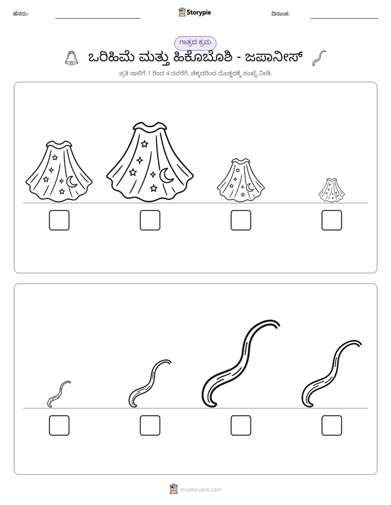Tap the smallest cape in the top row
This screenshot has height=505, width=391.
pyautogui.click(x=332, y=190)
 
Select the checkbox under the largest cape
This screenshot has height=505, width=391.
pyautogui.click(x=150, y=220)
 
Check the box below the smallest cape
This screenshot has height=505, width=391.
pyautogui.click(x=332, y=220)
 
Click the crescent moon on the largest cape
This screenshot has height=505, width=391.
pyautogui.click(x=166, y=175)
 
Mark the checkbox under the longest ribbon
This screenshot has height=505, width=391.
pyautogui.click(x=241, y=425)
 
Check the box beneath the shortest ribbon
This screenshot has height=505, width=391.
pyautogui.click(x=59, y=425)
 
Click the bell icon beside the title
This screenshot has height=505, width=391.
pyautogui.click(x=72, y=58)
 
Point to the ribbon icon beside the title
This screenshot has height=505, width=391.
pyautogui.click(x=319, y=58)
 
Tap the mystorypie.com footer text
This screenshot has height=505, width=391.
pyautogui.click(x=200, y=490)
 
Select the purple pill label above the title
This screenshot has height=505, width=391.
pyautogui.click(x=195, y=43)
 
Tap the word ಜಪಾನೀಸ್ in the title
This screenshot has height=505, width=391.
pyautogui.click(x=274, y=58)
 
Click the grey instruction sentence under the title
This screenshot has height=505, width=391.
pyautogui.click(x=195, y=74)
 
